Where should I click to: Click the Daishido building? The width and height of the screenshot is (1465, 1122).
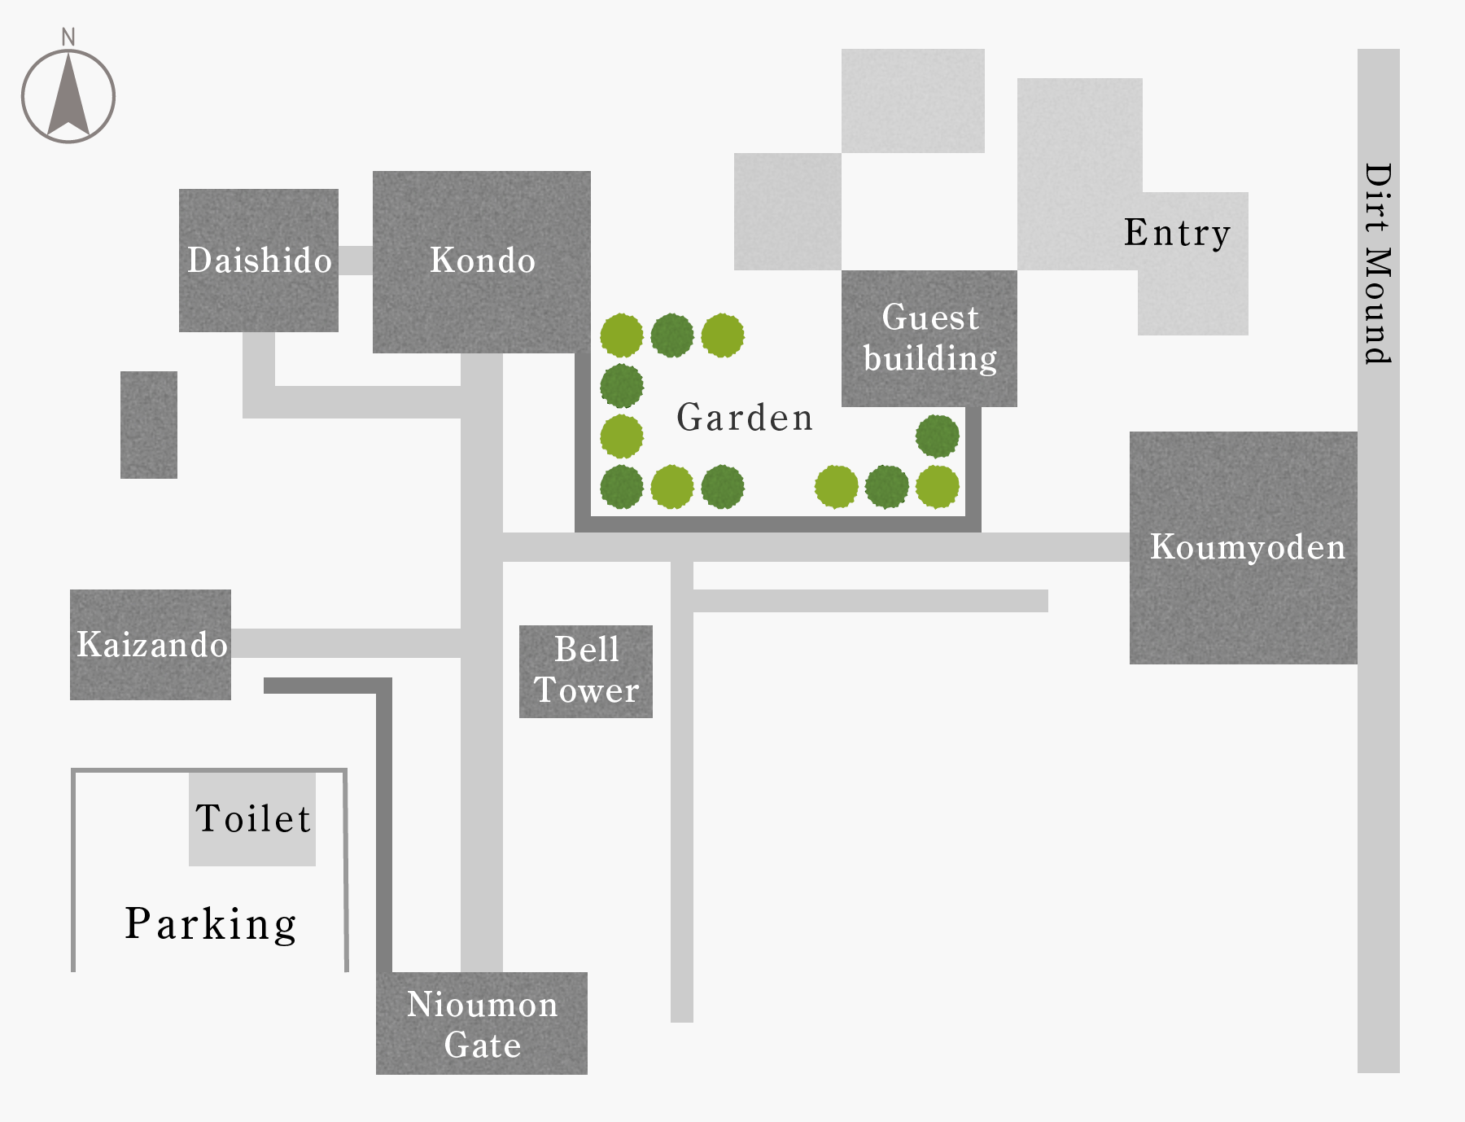tap(259, 261)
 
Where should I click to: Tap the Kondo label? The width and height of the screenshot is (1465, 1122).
tap(483, 261)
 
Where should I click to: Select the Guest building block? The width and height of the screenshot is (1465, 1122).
tap(929, 339)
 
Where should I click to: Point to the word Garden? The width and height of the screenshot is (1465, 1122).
tap(745, 418)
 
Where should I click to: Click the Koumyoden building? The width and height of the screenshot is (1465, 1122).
tap(1244, 548)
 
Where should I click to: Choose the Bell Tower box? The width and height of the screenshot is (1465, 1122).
tap(586, 672)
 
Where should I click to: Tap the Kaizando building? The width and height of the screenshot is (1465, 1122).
tap(151, 645)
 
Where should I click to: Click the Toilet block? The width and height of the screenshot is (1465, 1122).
tap(252, 818)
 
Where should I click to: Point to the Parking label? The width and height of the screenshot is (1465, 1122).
tap(211, 924)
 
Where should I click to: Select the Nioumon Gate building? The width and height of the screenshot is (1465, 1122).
tap(482, 1023)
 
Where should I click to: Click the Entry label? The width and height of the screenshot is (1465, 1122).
tap(1177, 233)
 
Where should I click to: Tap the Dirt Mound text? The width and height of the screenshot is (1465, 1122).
tap(1378, 263)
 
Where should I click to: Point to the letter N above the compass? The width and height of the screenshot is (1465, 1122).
tap(68, 37)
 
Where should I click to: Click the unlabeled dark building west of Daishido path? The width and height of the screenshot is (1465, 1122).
tap(149, 425)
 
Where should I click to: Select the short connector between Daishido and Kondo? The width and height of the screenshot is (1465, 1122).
tap(356, 261)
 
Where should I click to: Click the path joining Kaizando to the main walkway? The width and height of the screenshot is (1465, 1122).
tap(346, 643)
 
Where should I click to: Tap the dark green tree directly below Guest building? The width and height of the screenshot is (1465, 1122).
tap(938, 436)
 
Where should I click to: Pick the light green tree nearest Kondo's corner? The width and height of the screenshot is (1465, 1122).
tap(622, 335)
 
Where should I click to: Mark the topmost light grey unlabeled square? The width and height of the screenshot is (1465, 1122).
tap(913, 101)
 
